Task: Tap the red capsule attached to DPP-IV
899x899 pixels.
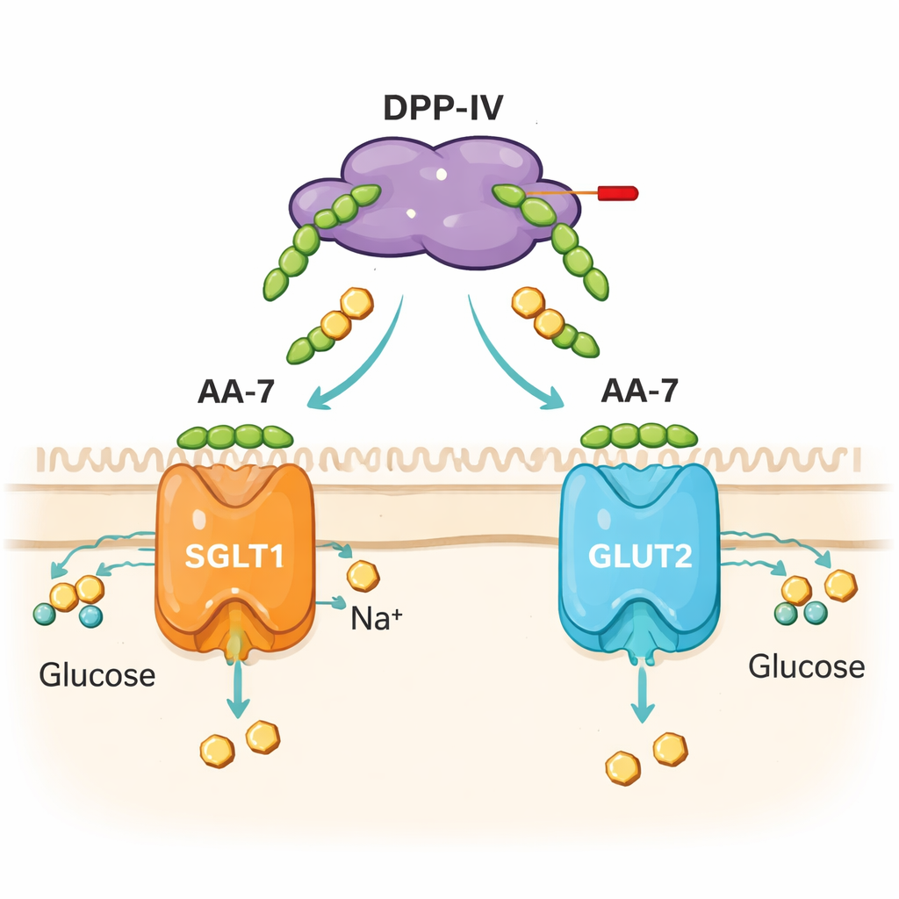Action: tap(617, 193)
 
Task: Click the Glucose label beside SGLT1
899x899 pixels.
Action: tap(97, 675)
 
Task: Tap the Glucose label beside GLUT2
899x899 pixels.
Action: tap(806, 667)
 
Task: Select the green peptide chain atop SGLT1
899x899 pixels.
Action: tap(234, 436)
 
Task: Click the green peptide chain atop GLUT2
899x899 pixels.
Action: tap(639, 436)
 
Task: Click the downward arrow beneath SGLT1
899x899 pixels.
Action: tap(236, 689)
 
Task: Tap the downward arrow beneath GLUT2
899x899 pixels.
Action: tap(643, 694)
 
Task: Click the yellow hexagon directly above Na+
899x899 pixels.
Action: tap(363, 577)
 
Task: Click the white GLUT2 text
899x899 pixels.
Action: tap(639, 557)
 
